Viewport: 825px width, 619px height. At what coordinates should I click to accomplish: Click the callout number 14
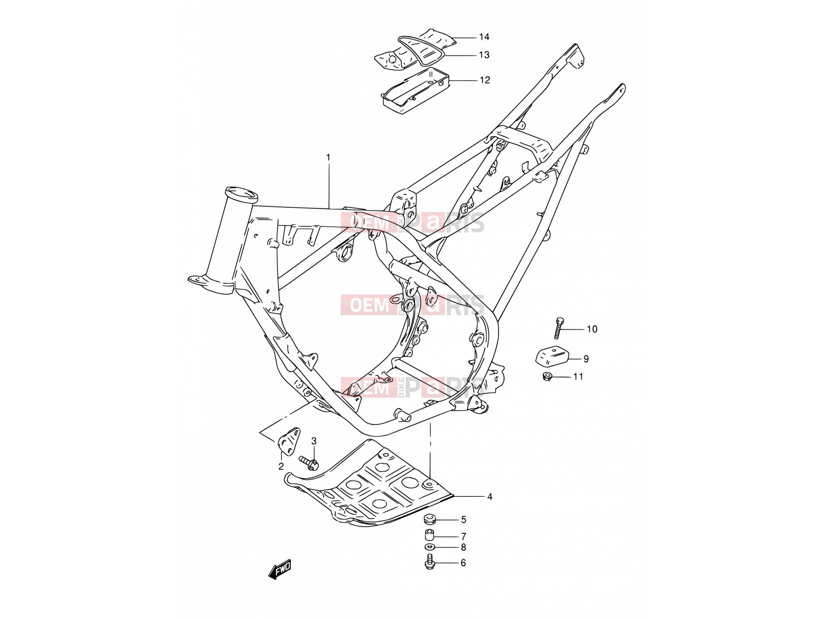click(484, 37)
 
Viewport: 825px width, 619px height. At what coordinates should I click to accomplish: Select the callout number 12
click(485, 80)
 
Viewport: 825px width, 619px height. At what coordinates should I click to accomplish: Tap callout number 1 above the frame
click(328, 157)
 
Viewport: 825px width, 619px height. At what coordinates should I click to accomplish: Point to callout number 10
click(592, 329)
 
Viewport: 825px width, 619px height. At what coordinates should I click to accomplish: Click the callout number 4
click(490, 497)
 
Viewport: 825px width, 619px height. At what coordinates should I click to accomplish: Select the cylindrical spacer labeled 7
click(430, 535)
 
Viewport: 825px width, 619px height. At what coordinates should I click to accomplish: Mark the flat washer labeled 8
click(430, 547)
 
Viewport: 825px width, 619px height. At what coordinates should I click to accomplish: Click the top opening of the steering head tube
click(241, 193)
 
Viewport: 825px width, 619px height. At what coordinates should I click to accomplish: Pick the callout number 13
click(484, 55)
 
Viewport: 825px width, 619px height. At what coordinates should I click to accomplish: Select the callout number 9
click(586, 359)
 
